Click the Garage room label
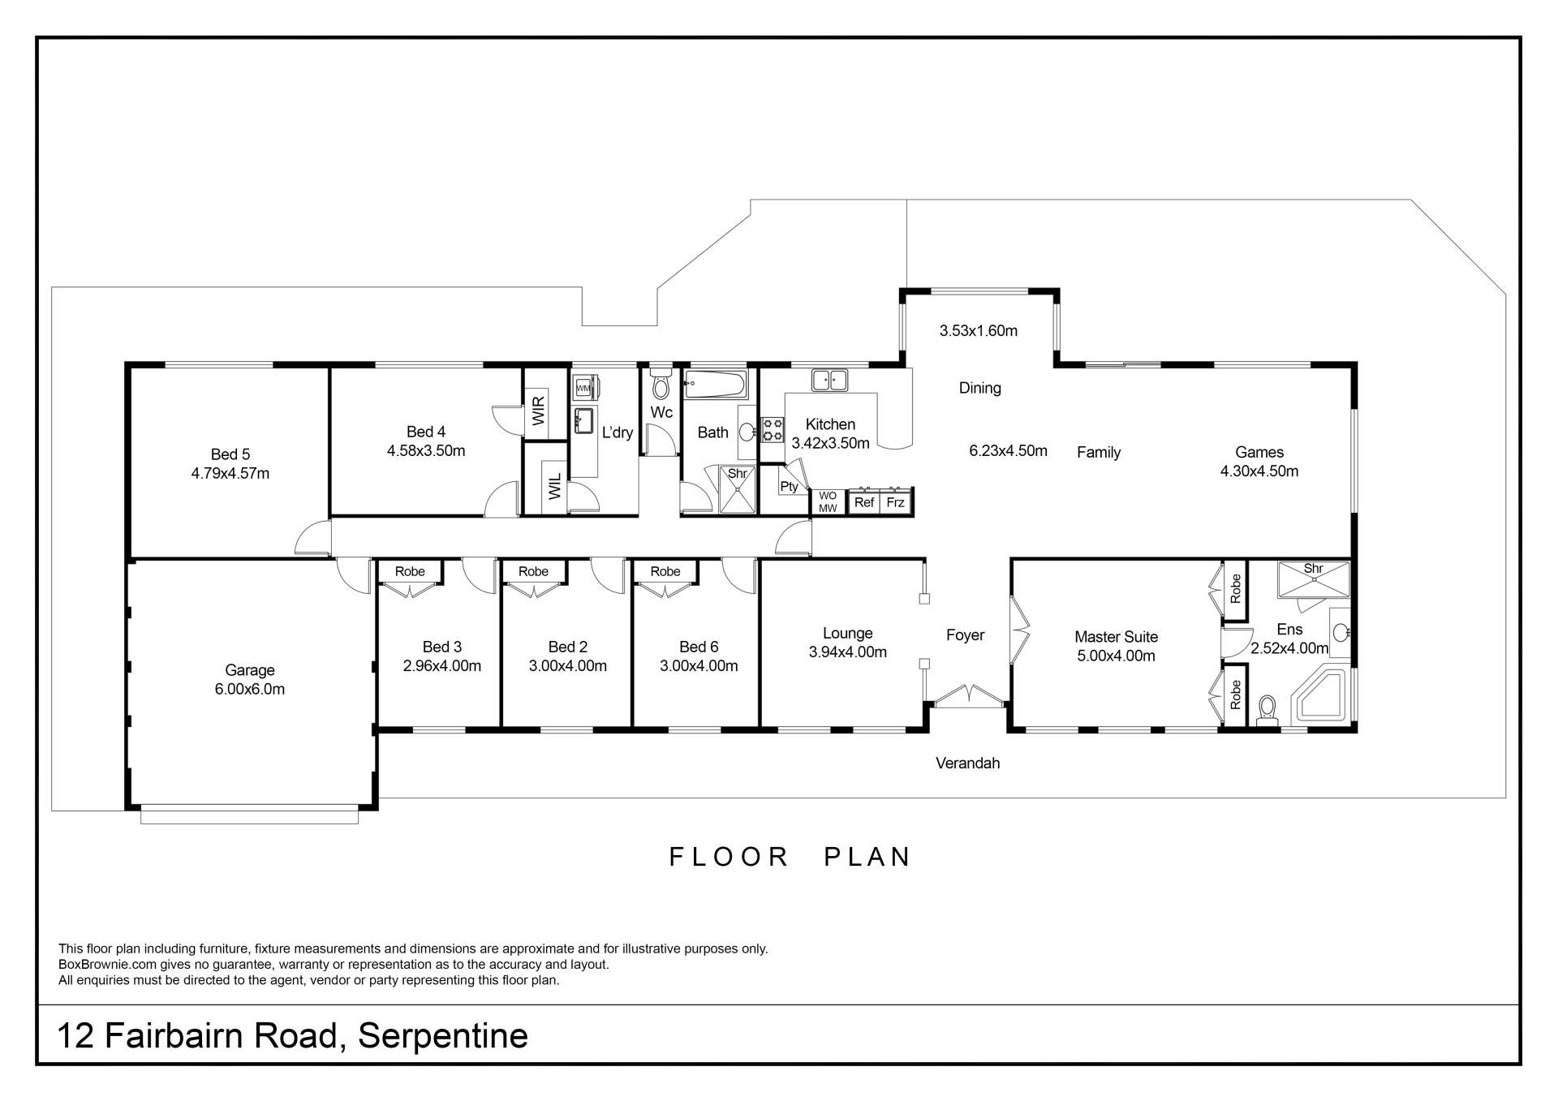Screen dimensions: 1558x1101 (x=249, y=670)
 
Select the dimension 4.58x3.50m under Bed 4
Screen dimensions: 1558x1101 (x=426, y=451)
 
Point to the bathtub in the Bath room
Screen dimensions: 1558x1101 (x=715, y=385)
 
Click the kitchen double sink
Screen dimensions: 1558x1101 (x=829, y=380)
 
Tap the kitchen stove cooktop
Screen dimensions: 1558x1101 (x=773, y=429)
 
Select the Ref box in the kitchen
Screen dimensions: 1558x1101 (x=864, y=502)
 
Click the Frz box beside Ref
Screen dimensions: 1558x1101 (x=895, y=502)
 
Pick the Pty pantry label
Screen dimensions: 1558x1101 (x=789, y=487)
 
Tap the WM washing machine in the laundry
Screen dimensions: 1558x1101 (x=583, y=389)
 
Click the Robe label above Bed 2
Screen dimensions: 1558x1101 (x=533, y=571)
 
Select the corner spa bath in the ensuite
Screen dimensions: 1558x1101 (x=1321, y=696)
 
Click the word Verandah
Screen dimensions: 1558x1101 (x=967, y=763)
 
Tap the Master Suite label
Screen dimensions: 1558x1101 (x=1116, y=637)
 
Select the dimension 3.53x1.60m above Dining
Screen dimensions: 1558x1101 (x=979, y=330)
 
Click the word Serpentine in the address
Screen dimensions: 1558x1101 (x=443, y=1036)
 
